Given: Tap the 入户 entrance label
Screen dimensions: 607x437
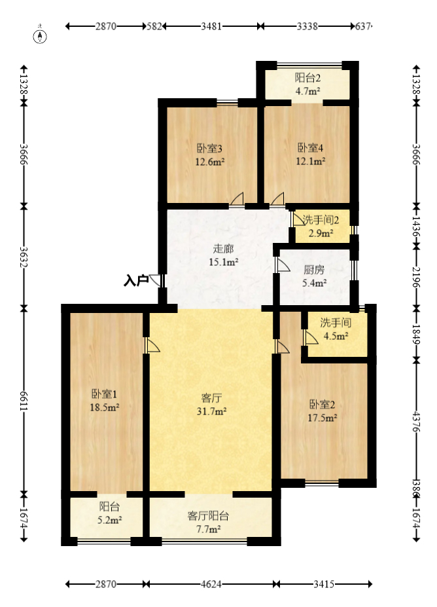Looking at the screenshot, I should pyautogui.click(x=135, y=281).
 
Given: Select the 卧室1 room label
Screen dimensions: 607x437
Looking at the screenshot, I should pyautogui.click(x=104, y=394).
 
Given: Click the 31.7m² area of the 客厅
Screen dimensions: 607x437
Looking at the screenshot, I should pyautogui.click(x=213, y=411).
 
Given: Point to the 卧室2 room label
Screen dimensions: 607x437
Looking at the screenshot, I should pyautogui.click(x=323, y=403).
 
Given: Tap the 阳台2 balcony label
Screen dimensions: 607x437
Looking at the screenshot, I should pyautogui.click(x=307, y=78).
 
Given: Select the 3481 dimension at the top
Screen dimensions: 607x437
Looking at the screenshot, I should pyautogui.click(x=211, y=27).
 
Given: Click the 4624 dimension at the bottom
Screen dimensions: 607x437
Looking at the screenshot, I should pyautogui.click(x=211, y=583).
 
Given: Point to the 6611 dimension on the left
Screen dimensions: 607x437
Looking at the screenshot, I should pyautogui.click(x=24, y=398).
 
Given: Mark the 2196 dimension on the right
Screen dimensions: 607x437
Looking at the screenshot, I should pyautogui.click(x=417, y=276).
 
